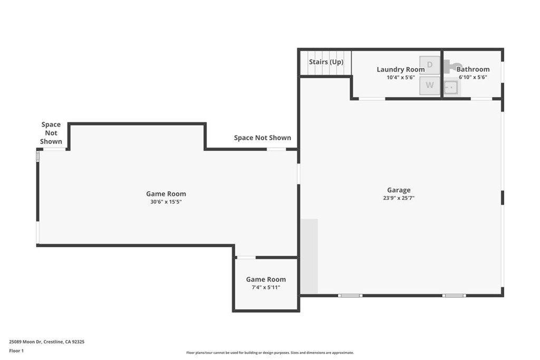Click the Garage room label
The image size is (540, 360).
click(398, 190)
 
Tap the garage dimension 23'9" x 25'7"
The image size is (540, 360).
click(398, 199)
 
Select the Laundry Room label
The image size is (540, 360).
click(400, 70)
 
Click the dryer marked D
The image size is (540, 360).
click(430, 65)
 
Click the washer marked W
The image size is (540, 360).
click(430, 85)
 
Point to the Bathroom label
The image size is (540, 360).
click(472, 70)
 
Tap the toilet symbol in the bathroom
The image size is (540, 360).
click(450, 66)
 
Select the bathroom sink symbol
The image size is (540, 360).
click(451, 87)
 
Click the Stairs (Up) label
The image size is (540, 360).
click(326, 62)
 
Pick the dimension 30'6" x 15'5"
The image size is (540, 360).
click(166, 202)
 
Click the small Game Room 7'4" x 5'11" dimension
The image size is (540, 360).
click(266, 288)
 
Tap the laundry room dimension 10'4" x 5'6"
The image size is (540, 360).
click(400, 77)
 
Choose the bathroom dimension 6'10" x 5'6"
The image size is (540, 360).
click(472, 77)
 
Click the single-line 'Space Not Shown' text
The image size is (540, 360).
click(262, 138)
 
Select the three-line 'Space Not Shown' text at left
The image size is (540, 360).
click(51, 133)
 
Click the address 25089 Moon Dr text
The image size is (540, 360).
click(46, 342)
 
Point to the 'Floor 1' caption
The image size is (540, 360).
click(16, 351)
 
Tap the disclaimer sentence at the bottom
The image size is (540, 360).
click(269, 353)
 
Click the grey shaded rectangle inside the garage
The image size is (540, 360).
click(309, 256)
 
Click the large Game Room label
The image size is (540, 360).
click(166, 194)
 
